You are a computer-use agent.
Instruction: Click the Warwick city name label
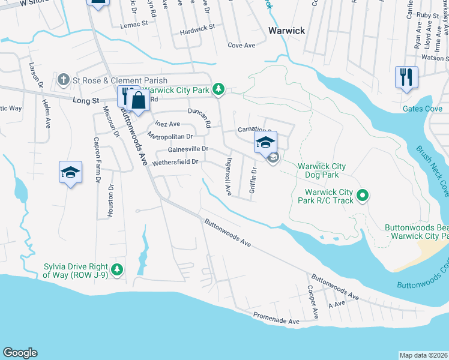[x=286, y=31]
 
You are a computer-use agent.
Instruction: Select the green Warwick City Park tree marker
[x=220, y=89]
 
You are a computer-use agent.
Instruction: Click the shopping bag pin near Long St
[x=139, y=100]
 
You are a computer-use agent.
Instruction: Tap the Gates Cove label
[x=422, y=109]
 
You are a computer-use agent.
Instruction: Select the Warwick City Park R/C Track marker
[x=362, y=196]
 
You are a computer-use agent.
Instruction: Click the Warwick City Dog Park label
[x=318, y=170]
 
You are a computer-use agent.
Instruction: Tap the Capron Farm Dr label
[x=96, y=160]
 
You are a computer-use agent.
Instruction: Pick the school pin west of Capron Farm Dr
[x=70, y=172]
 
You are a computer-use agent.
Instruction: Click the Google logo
[x=20, y=353]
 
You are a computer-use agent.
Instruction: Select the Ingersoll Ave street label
[x=228, y=177]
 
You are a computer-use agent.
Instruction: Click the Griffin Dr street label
[x=253, y=182]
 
